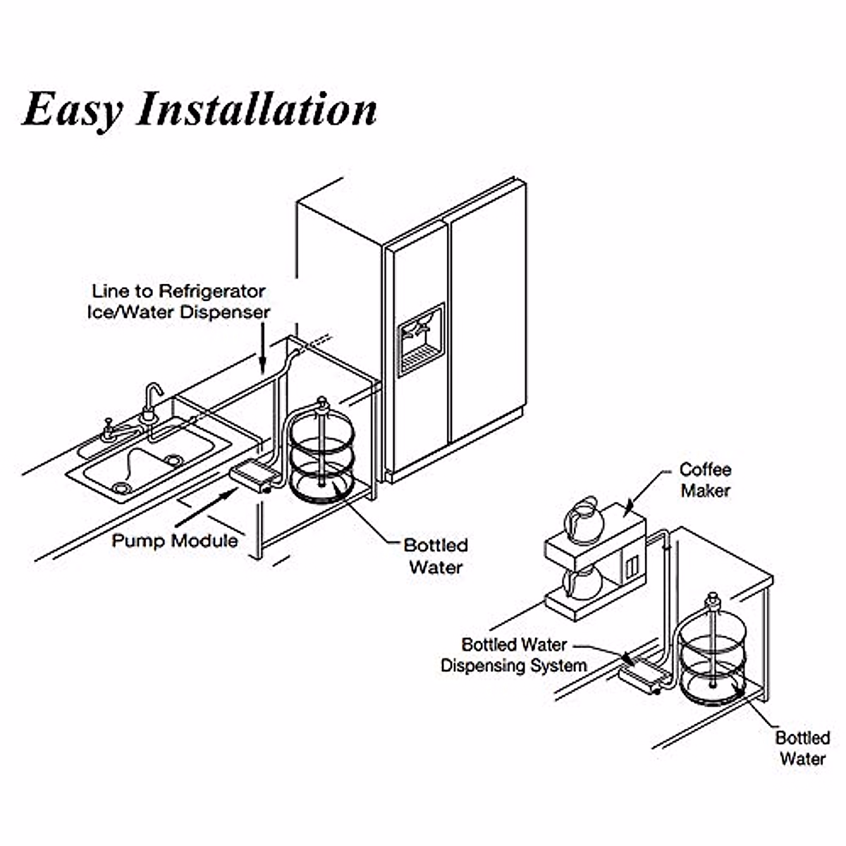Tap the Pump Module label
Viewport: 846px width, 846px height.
pos(175,541)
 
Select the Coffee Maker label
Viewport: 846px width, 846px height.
pos(705,479)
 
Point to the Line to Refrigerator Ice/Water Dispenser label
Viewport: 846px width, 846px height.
pos(178,301)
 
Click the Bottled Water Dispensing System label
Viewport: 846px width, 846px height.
pos(513,655)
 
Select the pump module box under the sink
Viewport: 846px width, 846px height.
pos(253,474)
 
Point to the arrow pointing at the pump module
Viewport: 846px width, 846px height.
pos(204,508)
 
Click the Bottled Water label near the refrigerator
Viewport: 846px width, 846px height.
pos(436,556)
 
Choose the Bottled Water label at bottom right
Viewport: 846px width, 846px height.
pos(802,748)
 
